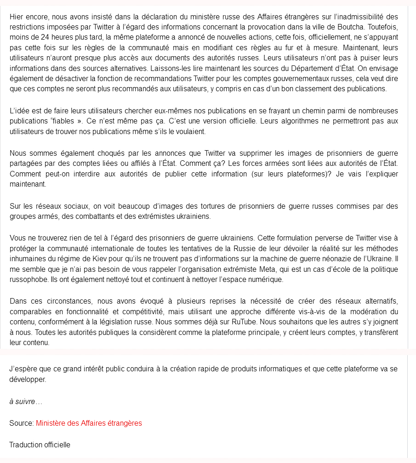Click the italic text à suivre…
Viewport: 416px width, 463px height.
25,402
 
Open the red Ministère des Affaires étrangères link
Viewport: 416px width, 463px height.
89,423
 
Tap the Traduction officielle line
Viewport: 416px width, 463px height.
40,445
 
